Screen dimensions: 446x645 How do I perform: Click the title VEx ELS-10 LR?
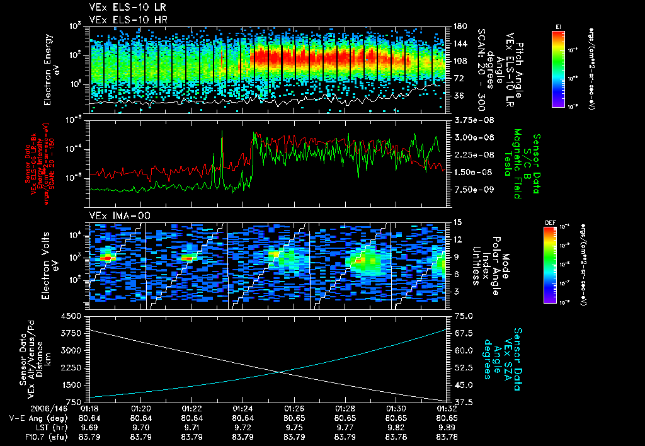(122, 8)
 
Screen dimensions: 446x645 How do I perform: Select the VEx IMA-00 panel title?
(114, 215)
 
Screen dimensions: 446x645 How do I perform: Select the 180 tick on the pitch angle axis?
(459, 27)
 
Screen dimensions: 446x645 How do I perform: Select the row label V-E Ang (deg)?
(38, 417)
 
